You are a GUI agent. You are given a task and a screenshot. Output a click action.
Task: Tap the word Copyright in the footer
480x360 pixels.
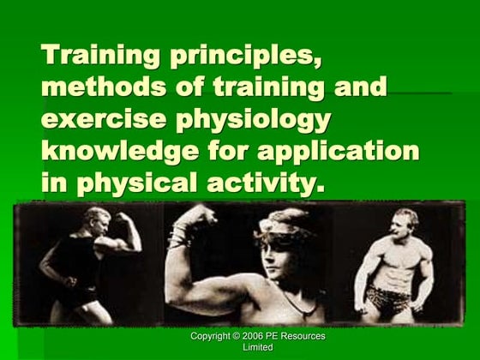click(x=216, y=336)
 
